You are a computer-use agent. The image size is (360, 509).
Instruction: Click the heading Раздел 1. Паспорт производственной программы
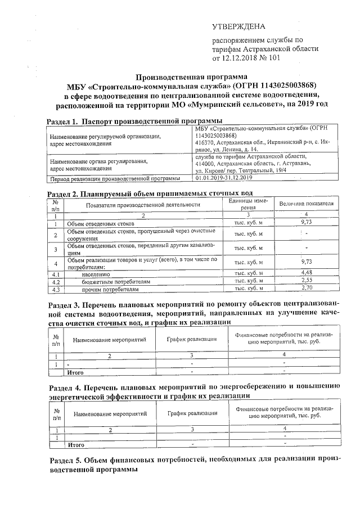[x=134, y=121]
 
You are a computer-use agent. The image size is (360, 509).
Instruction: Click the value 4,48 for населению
[x=307, y=272]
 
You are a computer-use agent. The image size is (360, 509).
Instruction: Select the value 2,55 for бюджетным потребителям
[x=307, y=280]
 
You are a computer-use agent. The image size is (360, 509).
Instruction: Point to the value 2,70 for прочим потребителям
[x=307, y=288]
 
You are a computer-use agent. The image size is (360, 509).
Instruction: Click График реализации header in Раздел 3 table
[x=191, y=339]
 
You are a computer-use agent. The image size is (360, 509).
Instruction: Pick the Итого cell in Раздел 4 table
[x=75, y=444]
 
